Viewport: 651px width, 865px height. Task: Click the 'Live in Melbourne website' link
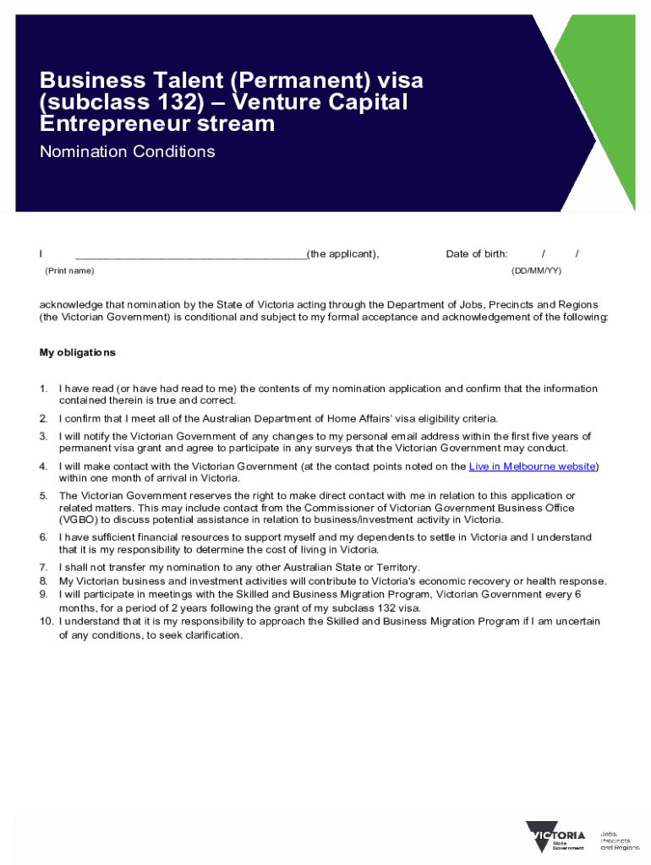pos(533,466)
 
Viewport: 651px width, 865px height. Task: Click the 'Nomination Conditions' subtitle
pos(127,152)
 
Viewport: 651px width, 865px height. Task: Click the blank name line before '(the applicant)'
pos(190,253)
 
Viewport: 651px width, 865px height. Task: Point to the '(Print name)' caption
pos(69,270)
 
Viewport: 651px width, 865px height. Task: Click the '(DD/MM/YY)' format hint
pos(536,270)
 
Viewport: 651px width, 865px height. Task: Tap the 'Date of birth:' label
pos(477,254)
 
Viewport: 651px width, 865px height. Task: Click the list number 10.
pos(46,622)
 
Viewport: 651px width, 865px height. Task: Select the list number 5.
pos(43,496)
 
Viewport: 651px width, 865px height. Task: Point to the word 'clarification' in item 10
pos(211,636)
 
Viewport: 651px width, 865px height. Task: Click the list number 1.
pos(43,389)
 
